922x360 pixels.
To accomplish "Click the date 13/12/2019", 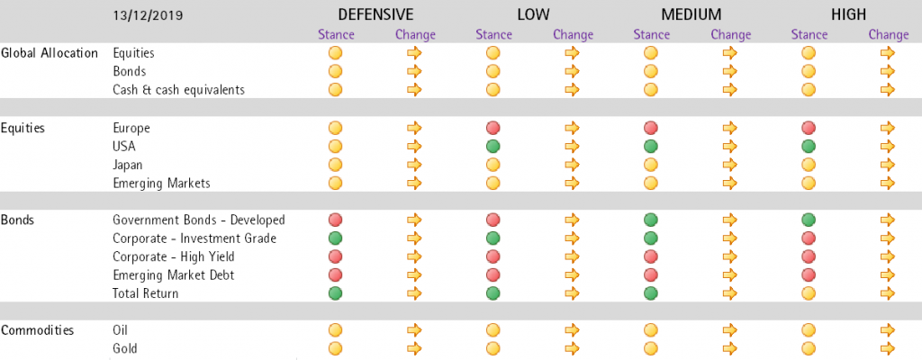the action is point(148,16).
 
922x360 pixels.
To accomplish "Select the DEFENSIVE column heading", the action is point(375,14).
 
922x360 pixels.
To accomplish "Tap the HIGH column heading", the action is point(848,14).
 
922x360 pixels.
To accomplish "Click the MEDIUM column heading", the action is point(691,14).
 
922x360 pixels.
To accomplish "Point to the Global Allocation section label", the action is point(50,53).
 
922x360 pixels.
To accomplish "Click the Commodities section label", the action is point(38,330).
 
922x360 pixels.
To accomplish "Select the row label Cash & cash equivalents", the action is point(179,90).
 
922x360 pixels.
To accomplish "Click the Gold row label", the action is point(125,348).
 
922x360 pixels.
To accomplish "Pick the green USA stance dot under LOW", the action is point(493,146).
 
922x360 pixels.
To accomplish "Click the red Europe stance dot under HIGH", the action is point(809,127).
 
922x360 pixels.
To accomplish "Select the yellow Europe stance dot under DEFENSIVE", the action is point(335,127).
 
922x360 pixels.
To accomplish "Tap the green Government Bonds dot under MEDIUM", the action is point(650,220).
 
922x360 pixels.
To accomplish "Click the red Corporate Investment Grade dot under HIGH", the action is point(809,238).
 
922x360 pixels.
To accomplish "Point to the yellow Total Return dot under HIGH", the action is point(809,292).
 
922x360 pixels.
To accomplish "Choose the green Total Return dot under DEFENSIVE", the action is point(335,292).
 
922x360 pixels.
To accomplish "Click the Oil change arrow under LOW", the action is point(572,330).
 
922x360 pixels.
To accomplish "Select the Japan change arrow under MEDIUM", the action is point(729,164).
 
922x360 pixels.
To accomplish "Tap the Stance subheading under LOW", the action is point(494,35).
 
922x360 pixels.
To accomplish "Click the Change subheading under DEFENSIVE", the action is point(415,35).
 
